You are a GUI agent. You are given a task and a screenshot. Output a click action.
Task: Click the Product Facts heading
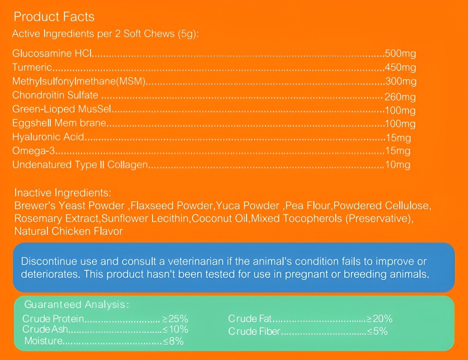click(x=54, y=17)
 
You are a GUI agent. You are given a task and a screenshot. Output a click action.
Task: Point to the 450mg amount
click(x=400, y=67)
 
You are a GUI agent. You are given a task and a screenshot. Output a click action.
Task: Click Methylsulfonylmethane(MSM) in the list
click(x=79, y=82)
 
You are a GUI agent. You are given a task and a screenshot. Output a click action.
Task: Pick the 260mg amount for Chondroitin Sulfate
click(x=400, y=96)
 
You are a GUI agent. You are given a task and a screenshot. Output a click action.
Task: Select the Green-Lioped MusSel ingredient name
click(x=62, y=110)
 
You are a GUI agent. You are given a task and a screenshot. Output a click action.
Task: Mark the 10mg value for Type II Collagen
click(x=397, y=165)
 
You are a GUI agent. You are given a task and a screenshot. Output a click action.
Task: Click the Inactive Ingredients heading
click(x=63, y=193)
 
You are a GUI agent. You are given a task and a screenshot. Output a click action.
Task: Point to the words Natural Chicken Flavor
click(x=69, y=231)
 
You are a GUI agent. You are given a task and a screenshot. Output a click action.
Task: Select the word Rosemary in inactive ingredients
click(x=35, y=218)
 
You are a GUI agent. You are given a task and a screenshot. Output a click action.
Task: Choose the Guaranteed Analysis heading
click(x=76, y=304)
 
